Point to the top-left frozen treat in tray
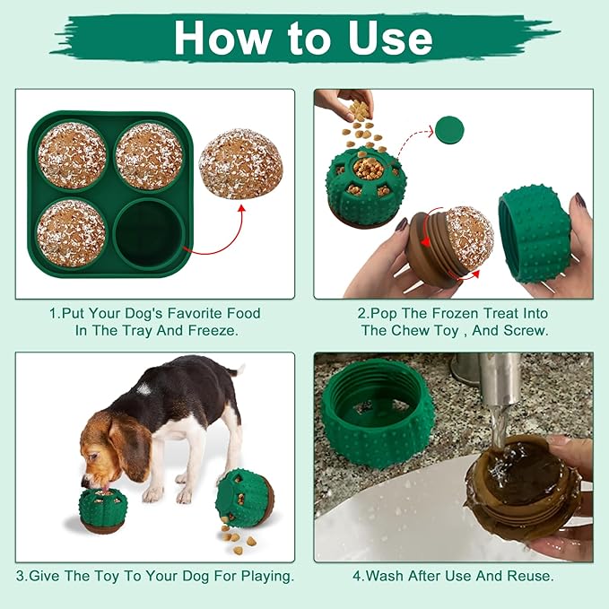click(72, 154)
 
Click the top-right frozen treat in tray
click(149, 154)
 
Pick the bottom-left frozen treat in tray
click(72, 231)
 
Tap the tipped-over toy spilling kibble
click(244, 498)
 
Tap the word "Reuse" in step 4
click(531, 575)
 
